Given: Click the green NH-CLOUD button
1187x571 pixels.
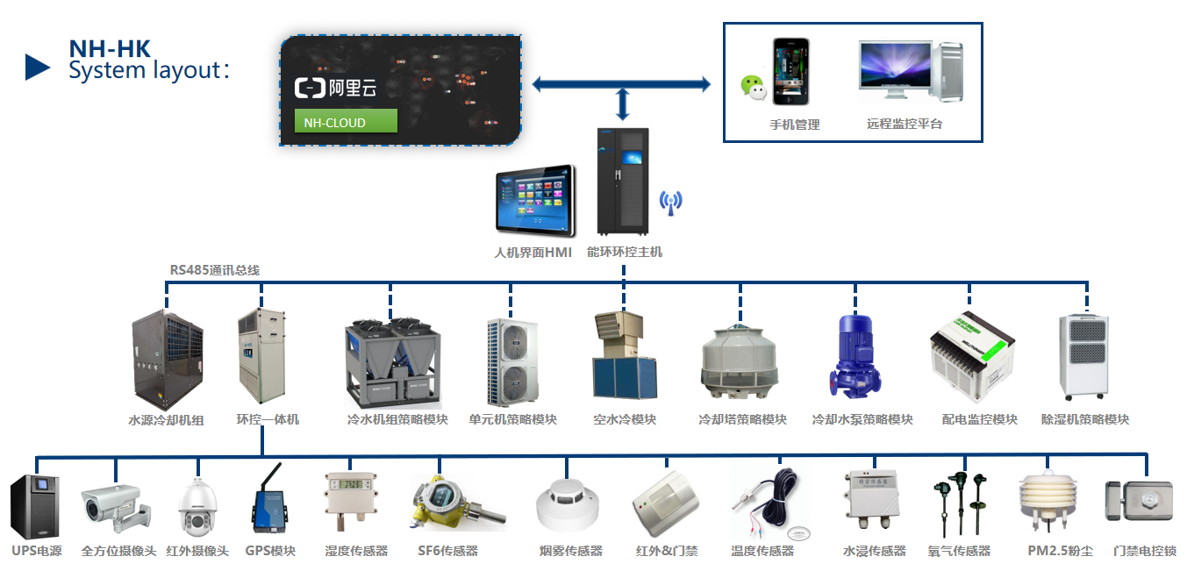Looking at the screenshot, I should [x=346, y=122].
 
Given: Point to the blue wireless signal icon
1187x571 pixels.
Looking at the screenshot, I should [x=670, y=203].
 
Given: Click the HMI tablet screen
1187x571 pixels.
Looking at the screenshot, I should [x=535, y=201].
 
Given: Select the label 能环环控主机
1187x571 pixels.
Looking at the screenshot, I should [x=625, y=253].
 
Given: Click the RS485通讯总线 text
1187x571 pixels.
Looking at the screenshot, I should [x=215, y=270].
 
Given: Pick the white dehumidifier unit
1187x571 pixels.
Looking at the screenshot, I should [x=1089, y=356].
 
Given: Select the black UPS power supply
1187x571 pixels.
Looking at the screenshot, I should [x=34, y=507].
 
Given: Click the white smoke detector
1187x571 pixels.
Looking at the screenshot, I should [x=568, y=505].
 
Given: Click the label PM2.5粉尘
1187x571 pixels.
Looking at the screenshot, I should [x=1060, y=552].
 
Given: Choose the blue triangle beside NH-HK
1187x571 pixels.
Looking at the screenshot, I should [x=37, y=68].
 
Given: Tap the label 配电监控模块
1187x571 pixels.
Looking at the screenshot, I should [x=979, y=420].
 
